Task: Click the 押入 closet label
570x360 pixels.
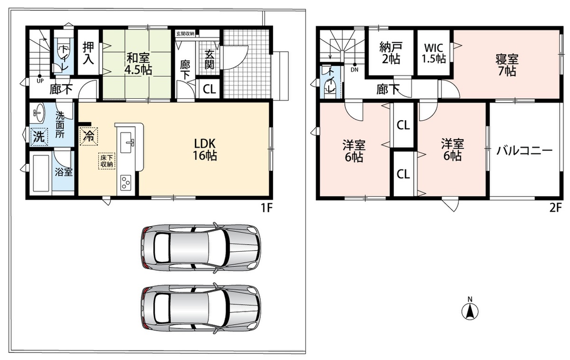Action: point(88,53)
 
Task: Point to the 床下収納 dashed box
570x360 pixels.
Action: point(106,161)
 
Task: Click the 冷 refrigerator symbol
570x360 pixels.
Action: point(88,136)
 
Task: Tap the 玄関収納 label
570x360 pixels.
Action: point(186,33)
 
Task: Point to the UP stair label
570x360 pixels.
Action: point(40,81)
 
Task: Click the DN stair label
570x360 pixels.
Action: point(354,69)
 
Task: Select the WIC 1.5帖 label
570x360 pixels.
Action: point(434,53)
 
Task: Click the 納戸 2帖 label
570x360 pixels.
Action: point(391,53)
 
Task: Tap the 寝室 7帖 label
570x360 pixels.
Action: point(507,65)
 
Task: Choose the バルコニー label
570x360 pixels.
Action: point(524,151)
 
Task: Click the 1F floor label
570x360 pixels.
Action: point(266,208)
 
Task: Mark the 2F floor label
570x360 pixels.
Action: point(555,208)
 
